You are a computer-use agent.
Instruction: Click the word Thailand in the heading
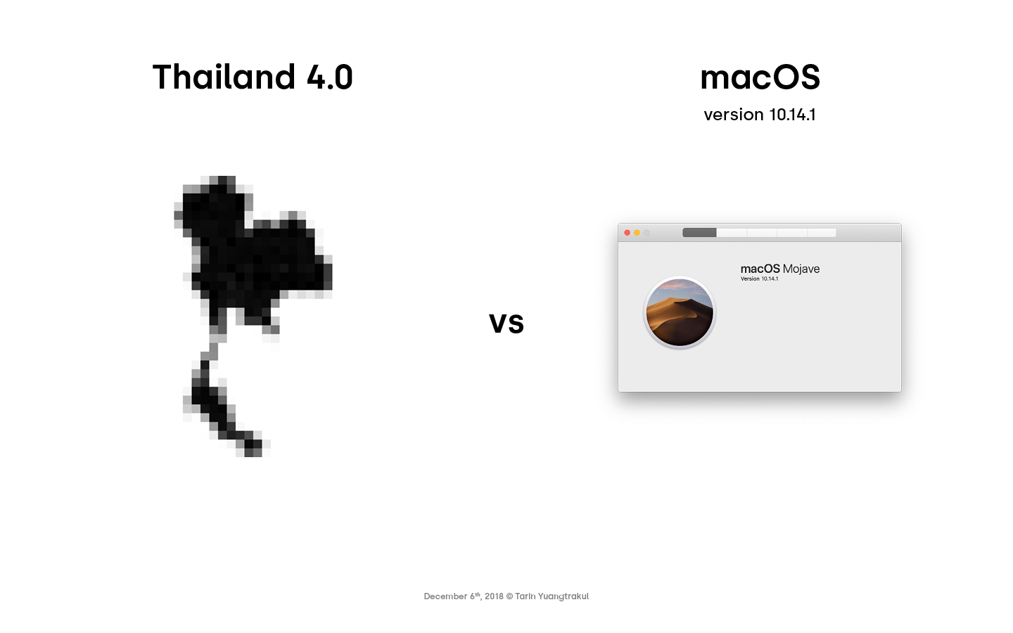(x=224, y=77)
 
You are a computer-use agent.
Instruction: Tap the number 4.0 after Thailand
(x=330, y=77)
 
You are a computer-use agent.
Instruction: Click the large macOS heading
(x=760, y=77)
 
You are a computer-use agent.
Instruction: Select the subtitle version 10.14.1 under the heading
(x=760, y=115)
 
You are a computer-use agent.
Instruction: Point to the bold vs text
(x=507, y=324)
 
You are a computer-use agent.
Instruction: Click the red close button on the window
(x=627, y=233)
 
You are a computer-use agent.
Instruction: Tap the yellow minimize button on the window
(x=637, y=233)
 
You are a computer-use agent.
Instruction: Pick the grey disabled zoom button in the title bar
(x=646, y=233)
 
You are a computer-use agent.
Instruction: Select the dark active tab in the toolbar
(x=699, y=232)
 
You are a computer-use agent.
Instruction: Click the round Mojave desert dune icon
(x=680, y=312)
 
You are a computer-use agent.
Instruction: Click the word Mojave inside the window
(x=801, y=269)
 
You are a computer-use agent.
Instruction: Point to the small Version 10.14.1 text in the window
(x=759, y=279)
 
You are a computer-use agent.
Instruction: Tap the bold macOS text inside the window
(x=760, y=269)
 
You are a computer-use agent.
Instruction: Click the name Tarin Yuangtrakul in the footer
(x=552, y=596)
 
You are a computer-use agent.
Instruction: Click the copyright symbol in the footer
(x=509, y=596)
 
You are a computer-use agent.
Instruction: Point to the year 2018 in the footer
(x=494, y=596)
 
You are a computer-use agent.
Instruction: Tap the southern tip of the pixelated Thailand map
(x=253, y=452)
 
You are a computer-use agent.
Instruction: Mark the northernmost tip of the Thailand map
(x=222, y=179)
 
